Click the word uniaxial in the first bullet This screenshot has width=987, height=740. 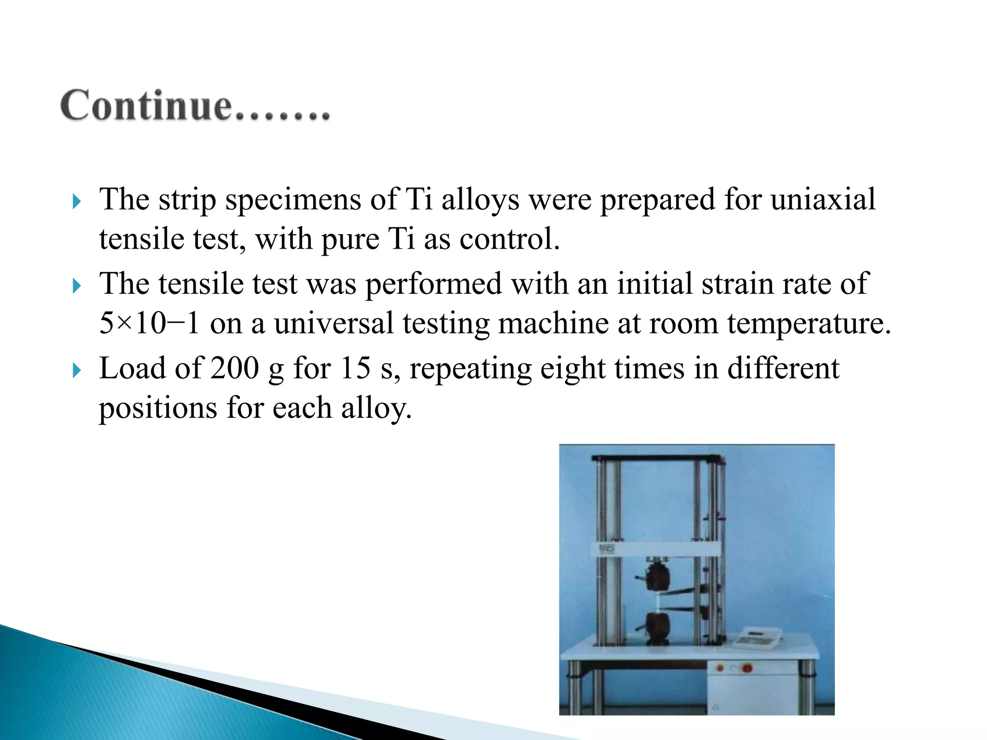point(823,199)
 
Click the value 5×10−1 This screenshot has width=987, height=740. point(149,323)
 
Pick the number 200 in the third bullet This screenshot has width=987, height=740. point(235,369)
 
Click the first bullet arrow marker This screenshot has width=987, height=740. point(76,201)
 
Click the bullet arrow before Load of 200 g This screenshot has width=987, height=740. point(76,370)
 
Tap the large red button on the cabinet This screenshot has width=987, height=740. point(747,668)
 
